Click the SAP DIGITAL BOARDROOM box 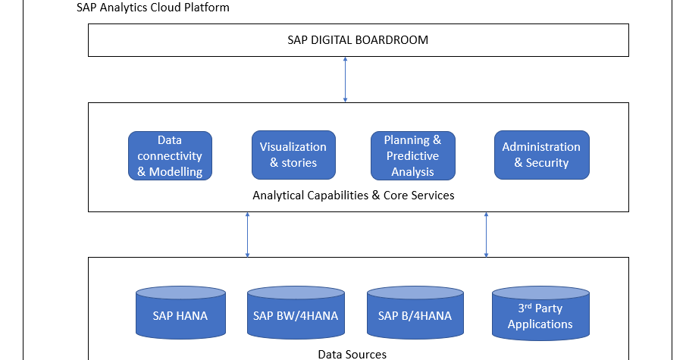coord(358,40)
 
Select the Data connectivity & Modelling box coord(170,155)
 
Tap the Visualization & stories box coord(293,155)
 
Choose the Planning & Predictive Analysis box coord(412,155)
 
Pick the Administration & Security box coord(541,155)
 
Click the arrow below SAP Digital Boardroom coord(346,80)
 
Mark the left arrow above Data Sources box coord(247,235)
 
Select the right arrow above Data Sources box coord(486,235)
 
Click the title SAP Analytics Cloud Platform coord(153,8)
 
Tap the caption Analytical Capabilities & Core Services coord(353,196)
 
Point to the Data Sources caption coord(352,354)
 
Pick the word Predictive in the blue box coord(412,155)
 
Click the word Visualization coord(293,147)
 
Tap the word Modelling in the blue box coord(176,172)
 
